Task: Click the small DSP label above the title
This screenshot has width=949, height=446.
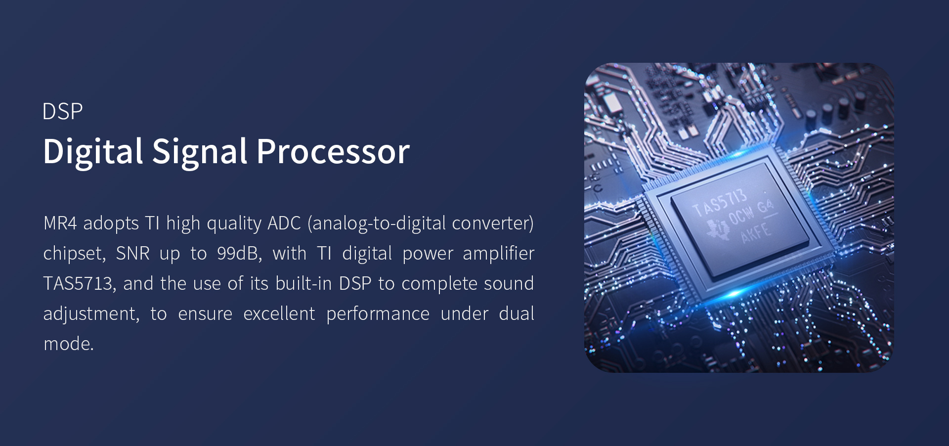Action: point(62,112)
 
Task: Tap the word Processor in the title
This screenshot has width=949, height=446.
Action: point(333,151)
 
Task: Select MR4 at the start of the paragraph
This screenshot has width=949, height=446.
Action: point(60,223)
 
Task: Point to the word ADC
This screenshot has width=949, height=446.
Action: point(284,223)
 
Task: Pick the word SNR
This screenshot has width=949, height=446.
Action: point(132,253)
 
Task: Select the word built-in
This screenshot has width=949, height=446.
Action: point(303,283)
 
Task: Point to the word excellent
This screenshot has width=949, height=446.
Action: point(279,313)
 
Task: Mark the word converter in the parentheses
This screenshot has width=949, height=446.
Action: point(490,223)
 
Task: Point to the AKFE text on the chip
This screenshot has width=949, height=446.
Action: point(756,232)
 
